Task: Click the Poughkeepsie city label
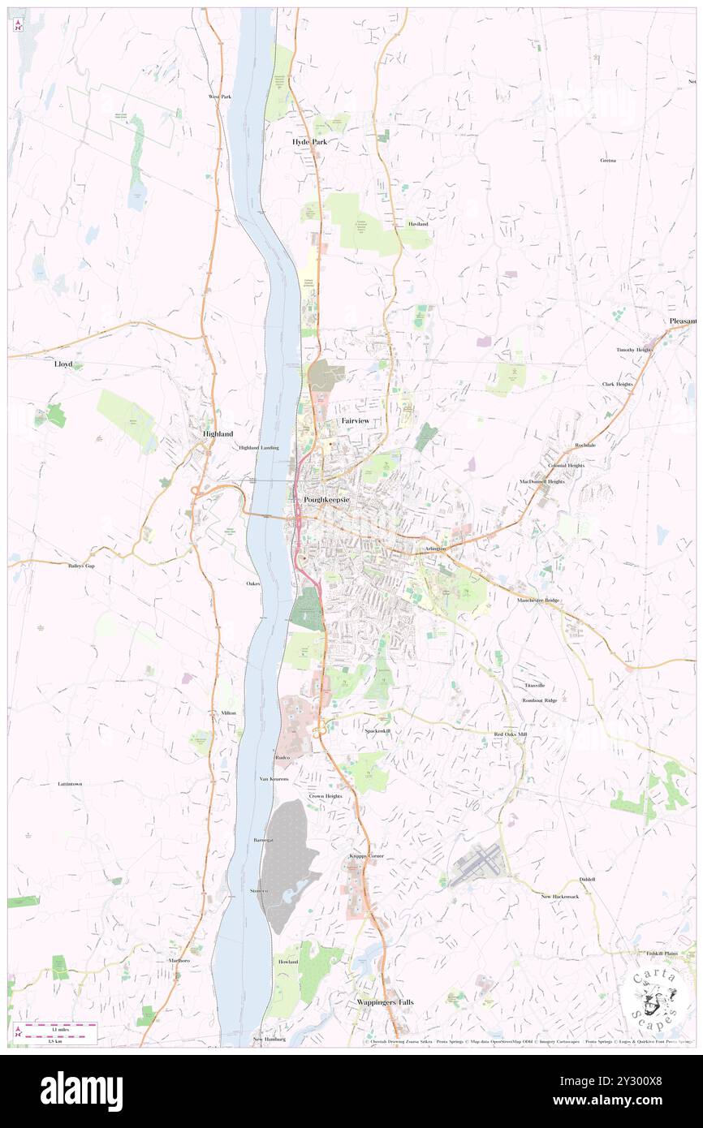(326, 499)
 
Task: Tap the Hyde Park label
(308, 141)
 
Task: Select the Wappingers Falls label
(385, 1002)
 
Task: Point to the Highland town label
(218, 434)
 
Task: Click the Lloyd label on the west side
(63, 364)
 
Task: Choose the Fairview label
(356, 421)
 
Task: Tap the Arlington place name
(435, 549)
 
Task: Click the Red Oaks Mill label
(511, 734)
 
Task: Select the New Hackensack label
(560, 896)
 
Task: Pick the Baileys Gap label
(81, 566)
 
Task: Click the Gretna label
(608, 161)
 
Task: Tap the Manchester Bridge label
(539, 601)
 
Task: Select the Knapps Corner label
(366, 856)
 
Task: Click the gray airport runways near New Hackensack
(476, 866)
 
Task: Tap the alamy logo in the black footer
(81, 1091)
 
